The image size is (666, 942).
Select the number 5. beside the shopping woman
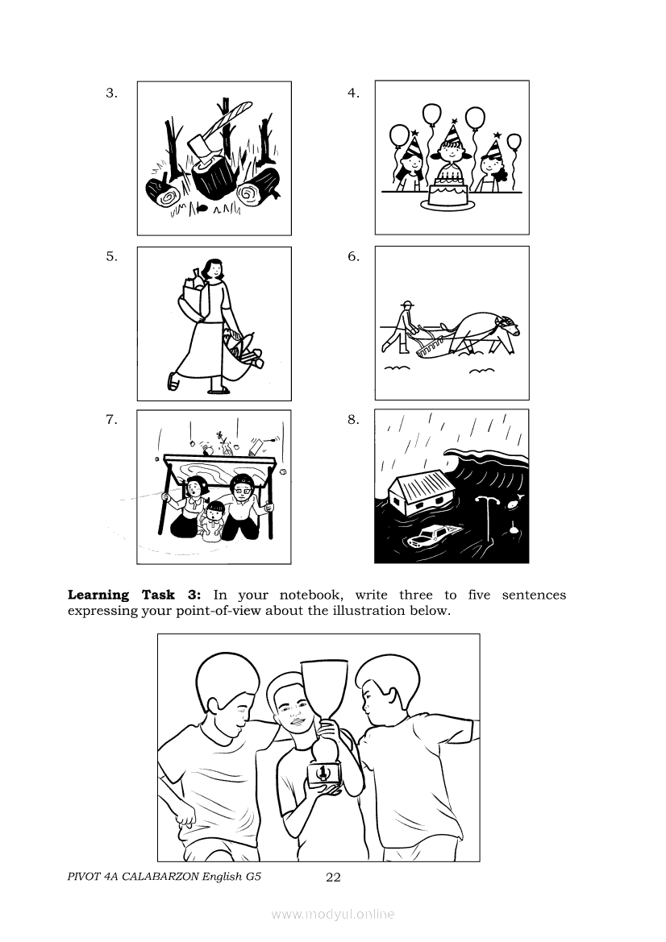(112, 256)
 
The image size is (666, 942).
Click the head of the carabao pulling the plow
(509, 327)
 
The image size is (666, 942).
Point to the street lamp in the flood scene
(487, 517)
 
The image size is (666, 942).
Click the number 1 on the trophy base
(323, 772)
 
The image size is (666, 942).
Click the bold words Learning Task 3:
(134, 595)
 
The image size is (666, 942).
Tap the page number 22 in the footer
(333, 877)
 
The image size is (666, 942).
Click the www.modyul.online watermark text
(333, 915)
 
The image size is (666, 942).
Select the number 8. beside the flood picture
(353, 419)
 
